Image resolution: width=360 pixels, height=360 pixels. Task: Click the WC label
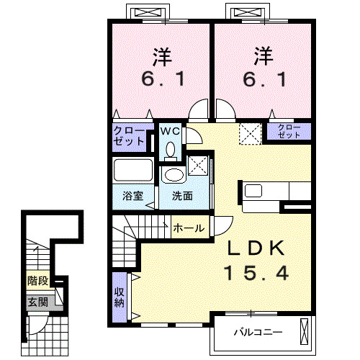[170, 131]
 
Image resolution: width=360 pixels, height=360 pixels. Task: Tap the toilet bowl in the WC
[171, 149]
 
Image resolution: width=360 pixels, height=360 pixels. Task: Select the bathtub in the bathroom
[133, 170]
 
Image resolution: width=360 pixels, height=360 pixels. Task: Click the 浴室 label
[133, 196]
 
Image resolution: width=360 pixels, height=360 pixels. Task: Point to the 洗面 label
[182, 196]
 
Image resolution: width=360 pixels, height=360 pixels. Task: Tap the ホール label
[189, 228]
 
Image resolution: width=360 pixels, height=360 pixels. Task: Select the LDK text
[256, 248]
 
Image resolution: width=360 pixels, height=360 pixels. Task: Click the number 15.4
[256, 274]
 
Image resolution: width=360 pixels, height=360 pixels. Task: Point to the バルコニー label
[258, 333]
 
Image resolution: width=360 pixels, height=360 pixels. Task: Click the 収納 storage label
[119, 297]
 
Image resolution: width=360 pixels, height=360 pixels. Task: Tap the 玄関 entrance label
[38, 302]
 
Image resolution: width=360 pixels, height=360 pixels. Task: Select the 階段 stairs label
[38, 281]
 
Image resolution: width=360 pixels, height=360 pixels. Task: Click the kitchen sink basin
[253, 191]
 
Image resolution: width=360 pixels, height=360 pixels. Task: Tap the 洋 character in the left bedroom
[162, 57]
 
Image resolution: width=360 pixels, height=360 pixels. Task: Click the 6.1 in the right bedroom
[264, 79]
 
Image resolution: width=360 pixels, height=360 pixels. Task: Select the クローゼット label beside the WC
[129, 136]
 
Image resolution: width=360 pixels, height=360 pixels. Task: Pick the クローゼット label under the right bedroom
[289, 131]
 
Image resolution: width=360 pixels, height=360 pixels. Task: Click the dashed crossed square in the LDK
[251, 134]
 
